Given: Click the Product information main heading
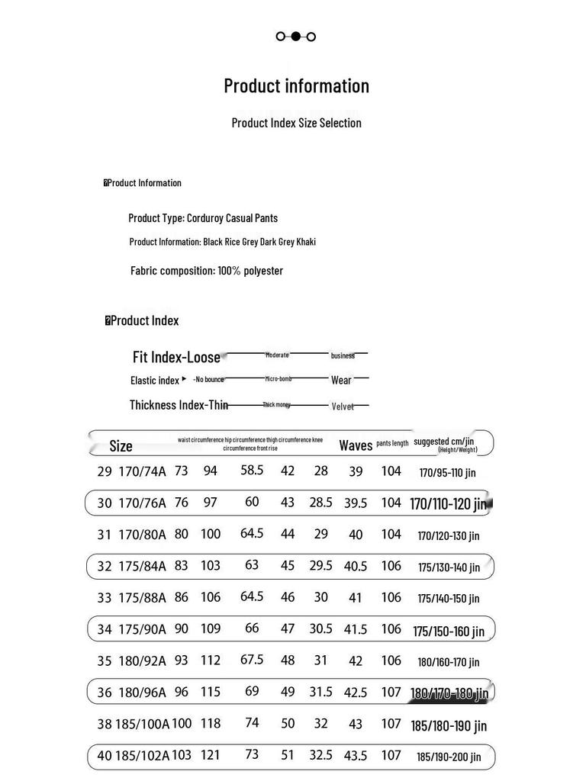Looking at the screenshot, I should [x=296, y=86].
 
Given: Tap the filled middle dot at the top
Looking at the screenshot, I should [x=296, y=36].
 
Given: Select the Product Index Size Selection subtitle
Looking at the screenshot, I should [x=296, y=123].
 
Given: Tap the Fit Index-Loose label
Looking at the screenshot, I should [x=176, y=357].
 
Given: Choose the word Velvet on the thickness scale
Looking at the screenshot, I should [x=343, y=407].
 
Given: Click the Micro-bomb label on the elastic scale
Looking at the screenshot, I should [x=279, y=378].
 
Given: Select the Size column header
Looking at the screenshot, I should [x=121, y=446].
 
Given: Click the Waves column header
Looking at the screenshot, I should [x=356, y=445].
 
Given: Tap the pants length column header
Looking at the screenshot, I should [x=392, y=443].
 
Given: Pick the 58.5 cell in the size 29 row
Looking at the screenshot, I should [x=252, y=471].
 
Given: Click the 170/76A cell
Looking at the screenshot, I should [x=142, y=503].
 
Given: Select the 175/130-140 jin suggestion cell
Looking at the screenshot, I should [x=449, y=567].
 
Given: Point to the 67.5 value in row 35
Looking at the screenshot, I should [x=252, y=660].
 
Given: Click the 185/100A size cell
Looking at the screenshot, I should [x=143, y=724].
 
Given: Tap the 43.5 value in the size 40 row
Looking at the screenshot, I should [x=356, y=756].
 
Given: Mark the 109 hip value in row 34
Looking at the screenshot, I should [x=211, y=629].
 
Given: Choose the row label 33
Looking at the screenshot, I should [x=105, y=598].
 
